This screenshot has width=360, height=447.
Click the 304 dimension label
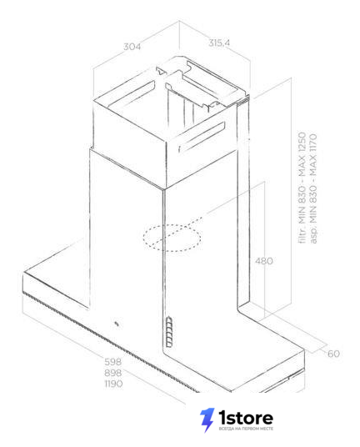coord(132,47)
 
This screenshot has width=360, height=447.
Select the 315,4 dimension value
coord(219,43)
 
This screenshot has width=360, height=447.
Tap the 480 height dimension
coord(263,261)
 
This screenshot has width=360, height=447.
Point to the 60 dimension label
coord(333,354)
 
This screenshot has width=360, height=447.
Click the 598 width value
coord(113,362)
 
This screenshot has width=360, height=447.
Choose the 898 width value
coord(113,373)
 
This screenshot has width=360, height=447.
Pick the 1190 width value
coord(113,384)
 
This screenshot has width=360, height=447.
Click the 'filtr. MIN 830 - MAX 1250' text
coord(302,188)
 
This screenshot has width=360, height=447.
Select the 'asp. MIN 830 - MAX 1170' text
coord(313,188)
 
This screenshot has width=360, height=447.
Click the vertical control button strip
coord(169,332)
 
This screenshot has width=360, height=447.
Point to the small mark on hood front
coord(117,324)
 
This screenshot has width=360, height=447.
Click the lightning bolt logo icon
coord(207,419)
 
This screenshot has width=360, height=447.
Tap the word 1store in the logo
coord(246,418)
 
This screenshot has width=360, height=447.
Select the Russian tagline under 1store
coord(246,429)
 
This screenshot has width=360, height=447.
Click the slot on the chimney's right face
coord(202,136)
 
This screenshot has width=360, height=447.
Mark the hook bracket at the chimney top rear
coord(161,71)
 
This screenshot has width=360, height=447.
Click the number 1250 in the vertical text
coord(302,142)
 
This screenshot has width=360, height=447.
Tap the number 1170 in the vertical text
coord(313,143)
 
